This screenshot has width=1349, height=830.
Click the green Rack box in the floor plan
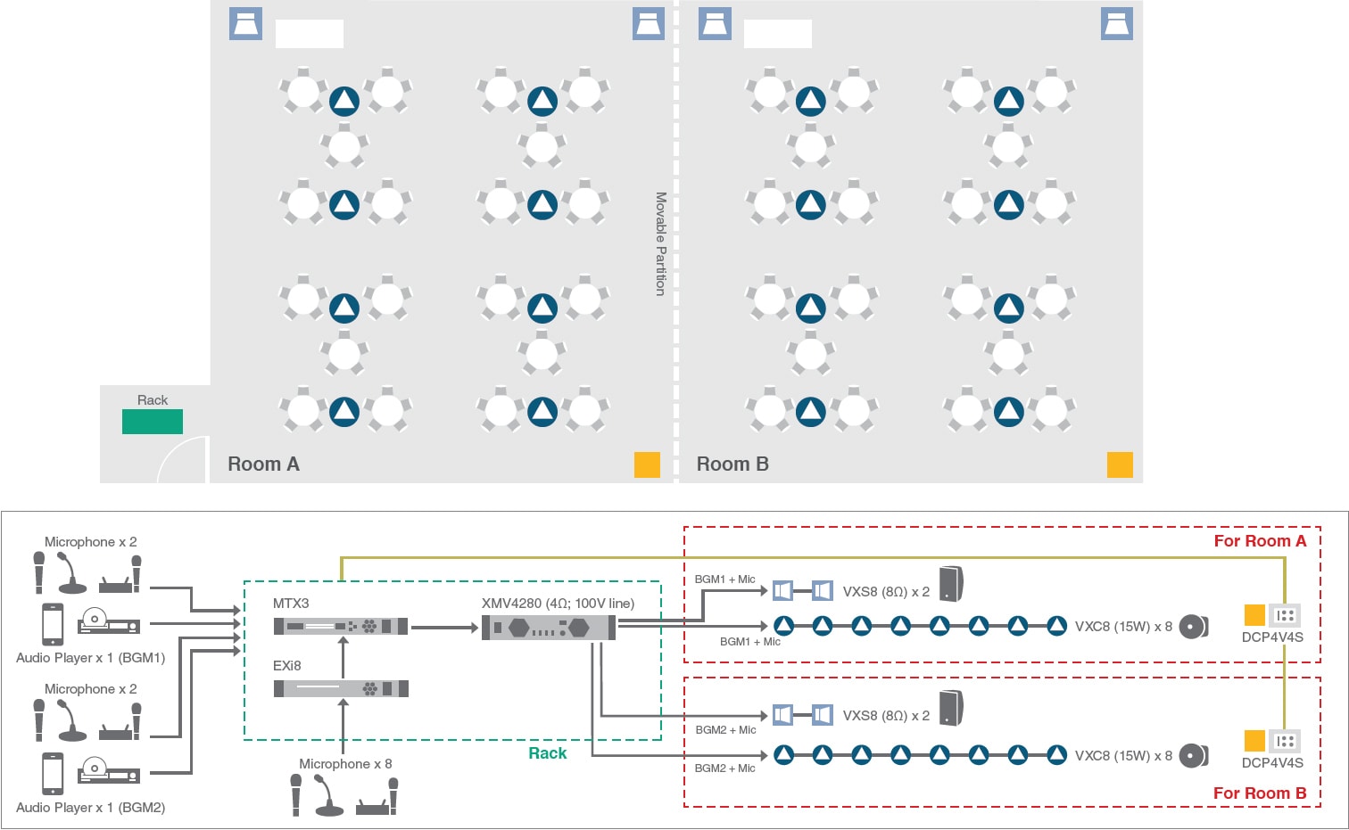[153, 422]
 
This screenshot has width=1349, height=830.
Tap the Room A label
[263, 464]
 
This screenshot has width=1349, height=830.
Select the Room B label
[732, 464]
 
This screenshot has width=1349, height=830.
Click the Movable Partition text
[661, 243]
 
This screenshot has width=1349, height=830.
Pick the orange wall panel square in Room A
[647, 464]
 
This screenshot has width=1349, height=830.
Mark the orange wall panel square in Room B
[1120, 464]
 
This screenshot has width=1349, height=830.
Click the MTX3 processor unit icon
[341, 627]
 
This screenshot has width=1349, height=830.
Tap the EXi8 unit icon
[341, 688]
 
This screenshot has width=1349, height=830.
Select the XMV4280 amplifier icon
[549, 628]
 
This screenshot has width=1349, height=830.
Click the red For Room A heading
[1260, 541]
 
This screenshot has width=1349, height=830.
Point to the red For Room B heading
[1260, 793]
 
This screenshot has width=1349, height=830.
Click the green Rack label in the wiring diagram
[547, 753]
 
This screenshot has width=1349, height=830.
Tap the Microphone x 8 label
[345, 764]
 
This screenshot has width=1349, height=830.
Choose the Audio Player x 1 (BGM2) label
[91, 808]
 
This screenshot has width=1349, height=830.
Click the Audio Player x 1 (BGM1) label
[91, 658]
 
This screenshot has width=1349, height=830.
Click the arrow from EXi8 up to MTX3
[343, 655]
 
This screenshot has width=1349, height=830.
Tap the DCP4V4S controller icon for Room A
[1285, 615]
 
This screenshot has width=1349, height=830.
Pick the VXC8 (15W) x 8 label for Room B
[1123, 756]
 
